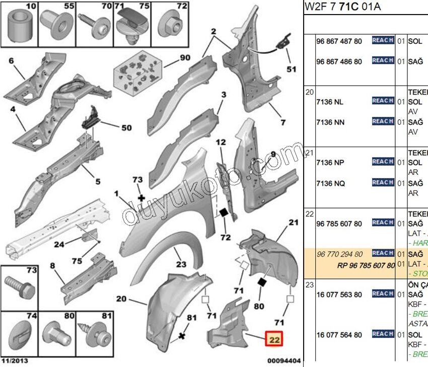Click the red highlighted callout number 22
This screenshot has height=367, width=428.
(x=275, y=340)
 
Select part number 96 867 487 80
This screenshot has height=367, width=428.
(x=339, y=41)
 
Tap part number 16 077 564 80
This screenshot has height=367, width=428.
(x=339, y=335)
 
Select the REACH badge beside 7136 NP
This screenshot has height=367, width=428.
(x=383, y=162)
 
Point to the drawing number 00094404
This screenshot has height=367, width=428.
(x=283, y=360)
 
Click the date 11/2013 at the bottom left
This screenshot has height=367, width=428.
(x=15, y=360)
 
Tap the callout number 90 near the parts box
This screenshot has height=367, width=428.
(x=185, y=57)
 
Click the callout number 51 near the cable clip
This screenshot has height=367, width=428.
(x=291, y=69)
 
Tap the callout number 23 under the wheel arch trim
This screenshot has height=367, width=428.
(x=181, y=264)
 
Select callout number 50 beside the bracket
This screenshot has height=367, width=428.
(x=126, y=128)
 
